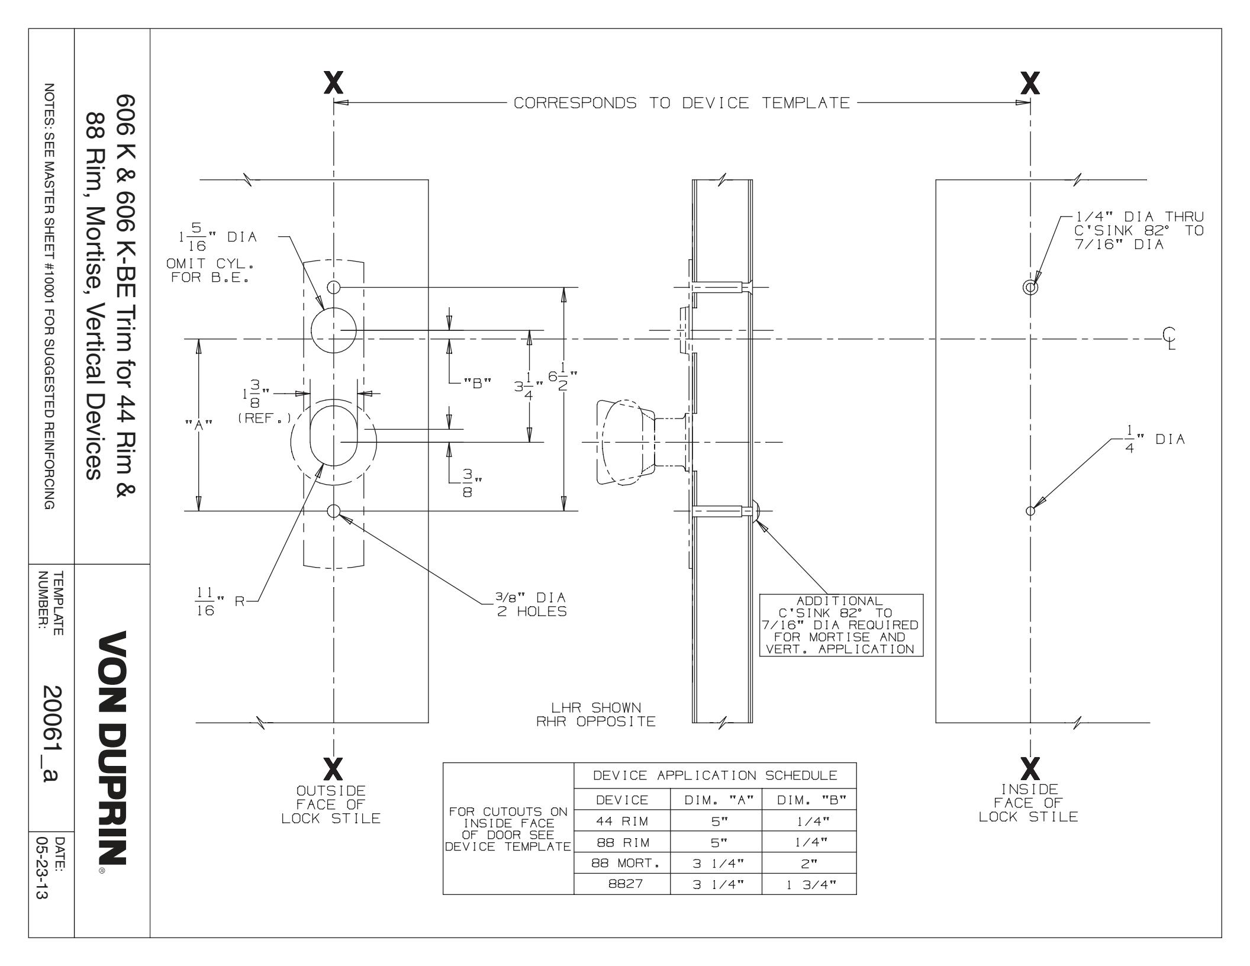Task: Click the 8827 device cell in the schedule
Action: click(621, 884)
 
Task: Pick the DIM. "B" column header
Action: click(809, 800)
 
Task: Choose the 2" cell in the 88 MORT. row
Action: click(809, 863)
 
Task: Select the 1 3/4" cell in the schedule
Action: click(809, 884)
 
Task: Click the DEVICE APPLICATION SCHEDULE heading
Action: click(715, 775)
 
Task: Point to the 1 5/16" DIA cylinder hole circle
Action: click(333, 330)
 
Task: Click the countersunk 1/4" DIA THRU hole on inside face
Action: click(1030, 288)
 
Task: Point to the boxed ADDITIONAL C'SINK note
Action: click(840, 625)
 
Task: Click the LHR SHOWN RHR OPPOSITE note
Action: click(595, 714)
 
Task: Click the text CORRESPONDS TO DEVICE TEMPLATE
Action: click(681, 103)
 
